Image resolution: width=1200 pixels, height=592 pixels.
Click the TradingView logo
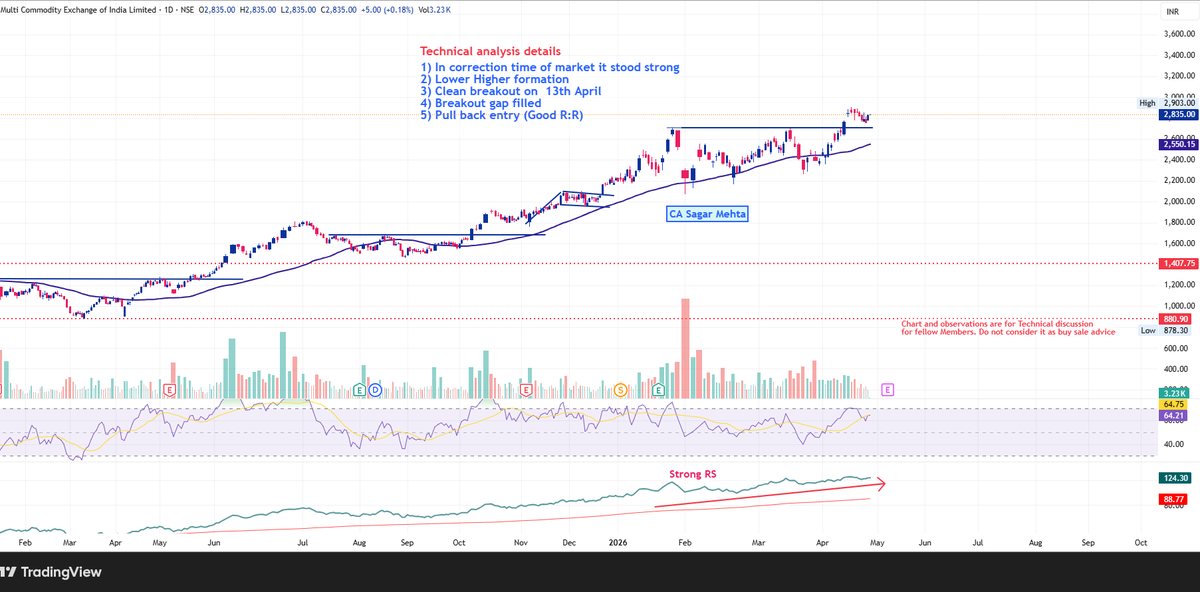pos(51,572)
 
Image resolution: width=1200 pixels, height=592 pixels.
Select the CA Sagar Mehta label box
pos(707,213)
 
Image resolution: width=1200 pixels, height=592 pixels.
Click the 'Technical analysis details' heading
pos(490,51)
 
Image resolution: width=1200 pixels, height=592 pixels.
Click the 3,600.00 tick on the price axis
pos(1180,34)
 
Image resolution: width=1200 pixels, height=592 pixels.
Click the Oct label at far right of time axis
pos(1140,540)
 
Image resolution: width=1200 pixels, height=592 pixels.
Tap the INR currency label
pos(1172,11)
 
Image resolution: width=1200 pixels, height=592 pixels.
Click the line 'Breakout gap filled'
pos(481,103)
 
